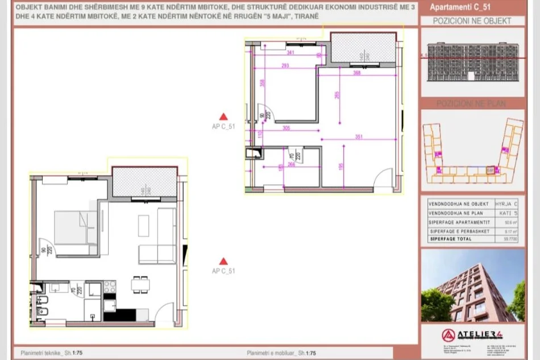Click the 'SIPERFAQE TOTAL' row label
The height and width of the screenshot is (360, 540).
451,239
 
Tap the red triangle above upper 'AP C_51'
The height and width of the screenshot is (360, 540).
224,116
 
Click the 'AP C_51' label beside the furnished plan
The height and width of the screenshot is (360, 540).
223,271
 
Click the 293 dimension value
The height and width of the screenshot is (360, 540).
285,66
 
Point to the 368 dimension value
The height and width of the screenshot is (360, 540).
357,73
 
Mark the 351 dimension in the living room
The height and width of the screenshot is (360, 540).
358,136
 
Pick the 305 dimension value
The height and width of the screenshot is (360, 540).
286,129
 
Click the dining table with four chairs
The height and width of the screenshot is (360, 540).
137,284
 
